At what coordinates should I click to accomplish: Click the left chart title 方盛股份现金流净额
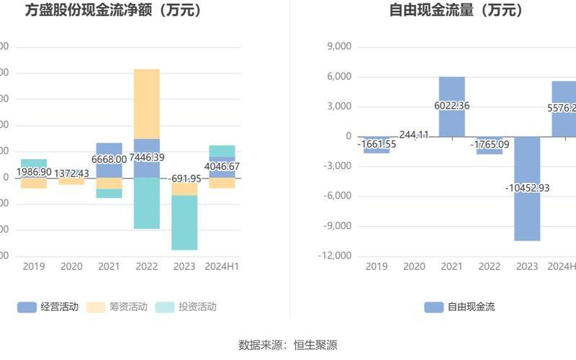[x=113, y=11]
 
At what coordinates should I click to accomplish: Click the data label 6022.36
[x=452, y=106]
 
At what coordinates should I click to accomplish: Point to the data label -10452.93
[x=527, y=188]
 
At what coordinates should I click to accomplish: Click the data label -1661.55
[x=376, y=144]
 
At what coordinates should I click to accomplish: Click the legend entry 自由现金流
[x=460, y=307]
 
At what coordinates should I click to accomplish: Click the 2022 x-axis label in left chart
[x=147, y=266]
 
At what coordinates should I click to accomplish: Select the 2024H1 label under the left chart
[x=222, y=266]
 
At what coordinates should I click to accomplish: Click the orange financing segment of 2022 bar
[x=147, y=103]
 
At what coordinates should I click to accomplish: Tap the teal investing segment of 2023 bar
[x=184, y=222]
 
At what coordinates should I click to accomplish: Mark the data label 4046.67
[x=222, y=166]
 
